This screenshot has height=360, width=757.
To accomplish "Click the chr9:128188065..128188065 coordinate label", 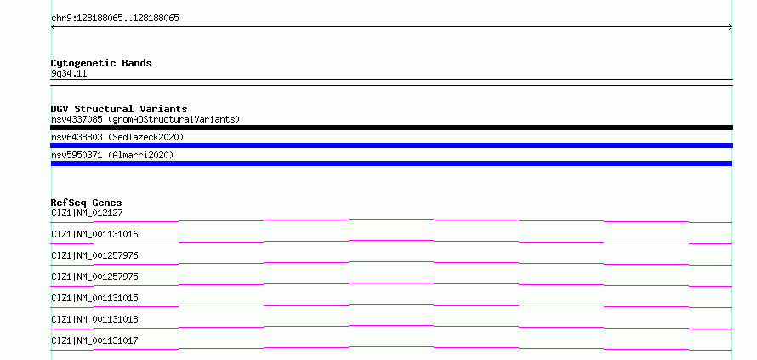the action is [x=115, y=19].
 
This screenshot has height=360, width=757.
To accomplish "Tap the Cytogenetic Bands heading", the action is [x=101, y=63].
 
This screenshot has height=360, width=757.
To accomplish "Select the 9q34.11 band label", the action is [x=69, y=74].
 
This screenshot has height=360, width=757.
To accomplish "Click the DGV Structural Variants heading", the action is [x=119, y=109].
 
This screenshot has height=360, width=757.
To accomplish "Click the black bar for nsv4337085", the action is [x=391, y=128].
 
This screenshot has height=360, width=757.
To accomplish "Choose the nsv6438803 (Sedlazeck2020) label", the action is [x=117, y=137].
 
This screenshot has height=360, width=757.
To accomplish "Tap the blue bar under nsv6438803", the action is [x=391, y=146].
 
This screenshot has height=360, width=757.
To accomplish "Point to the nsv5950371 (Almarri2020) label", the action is [x=112, y=155].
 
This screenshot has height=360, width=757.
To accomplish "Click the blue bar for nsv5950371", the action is [x=391, y=163].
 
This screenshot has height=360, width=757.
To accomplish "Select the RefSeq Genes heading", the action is [x=87, y=203].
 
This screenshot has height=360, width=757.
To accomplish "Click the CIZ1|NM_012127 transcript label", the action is [x=84, y=213].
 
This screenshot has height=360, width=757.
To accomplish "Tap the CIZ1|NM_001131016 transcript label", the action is [x=94, y=234].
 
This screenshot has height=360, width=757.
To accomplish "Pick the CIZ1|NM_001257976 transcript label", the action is [x=94, y=255].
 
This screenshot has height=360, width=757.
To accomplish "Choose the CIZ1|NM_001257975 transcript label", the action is [x=94, y=277].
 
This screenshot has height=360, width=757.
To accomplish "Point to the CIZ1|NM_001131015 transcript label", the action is [x=94, y=298].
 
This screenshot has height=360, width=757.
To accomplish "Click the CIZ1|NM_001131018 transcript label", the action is [x=94, y=319].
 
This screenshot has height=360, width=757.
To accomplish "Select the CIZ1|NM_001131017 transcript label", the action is [x=94, y=340].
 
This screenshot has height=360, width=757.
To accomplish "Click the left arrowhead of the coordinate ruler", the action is [x=52, y=27].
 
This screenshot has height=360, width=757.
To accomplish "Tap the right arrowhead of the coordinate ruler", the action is [x=731, y=27].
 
